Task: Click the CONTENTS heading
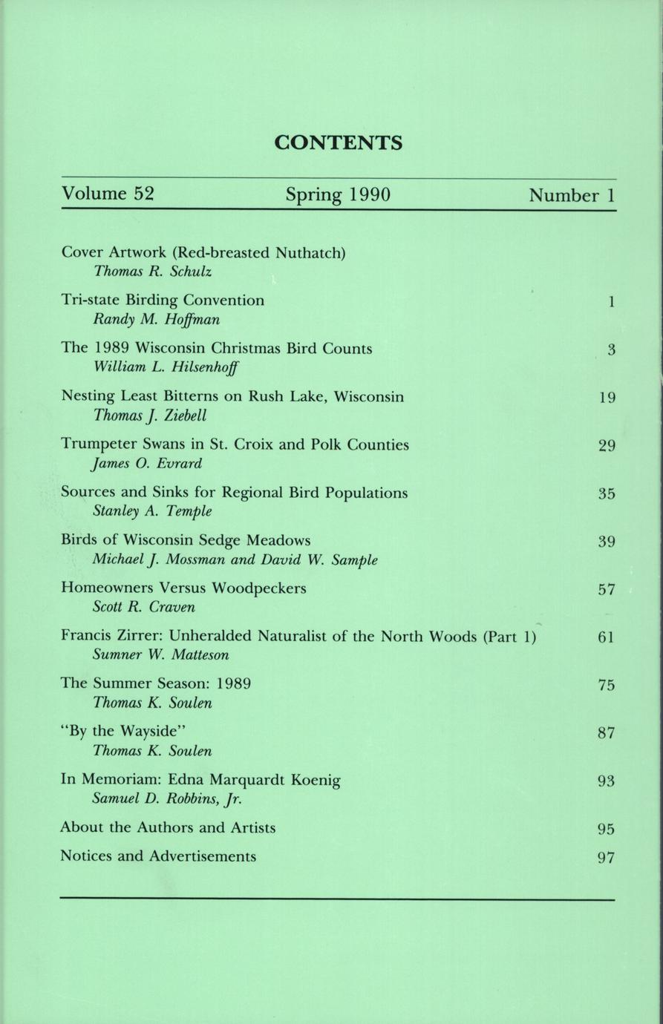(339, 142)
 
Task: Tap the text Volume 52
(108, 194)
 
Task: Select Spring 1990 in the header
(338, 195)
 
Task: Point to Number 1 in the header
(572, 196)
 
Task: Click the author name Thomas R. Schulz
(152, 272)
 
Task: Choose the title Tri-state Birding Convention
(163, 301)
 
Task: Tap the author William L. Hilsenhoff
(167, 367)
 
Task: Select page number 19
(607, 398)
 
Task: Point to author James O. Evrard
(147, 464)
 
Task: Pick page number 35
(607, 493)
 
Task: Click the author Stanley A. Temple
(152, 511)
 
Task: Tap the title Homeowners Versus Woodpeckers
(183, 588)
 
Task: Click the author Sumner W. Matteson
(160, 655)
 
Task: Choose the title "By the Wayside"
(120, 732)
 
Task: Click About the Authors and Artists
(168, 827)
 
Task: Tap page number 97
(607, 858)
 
